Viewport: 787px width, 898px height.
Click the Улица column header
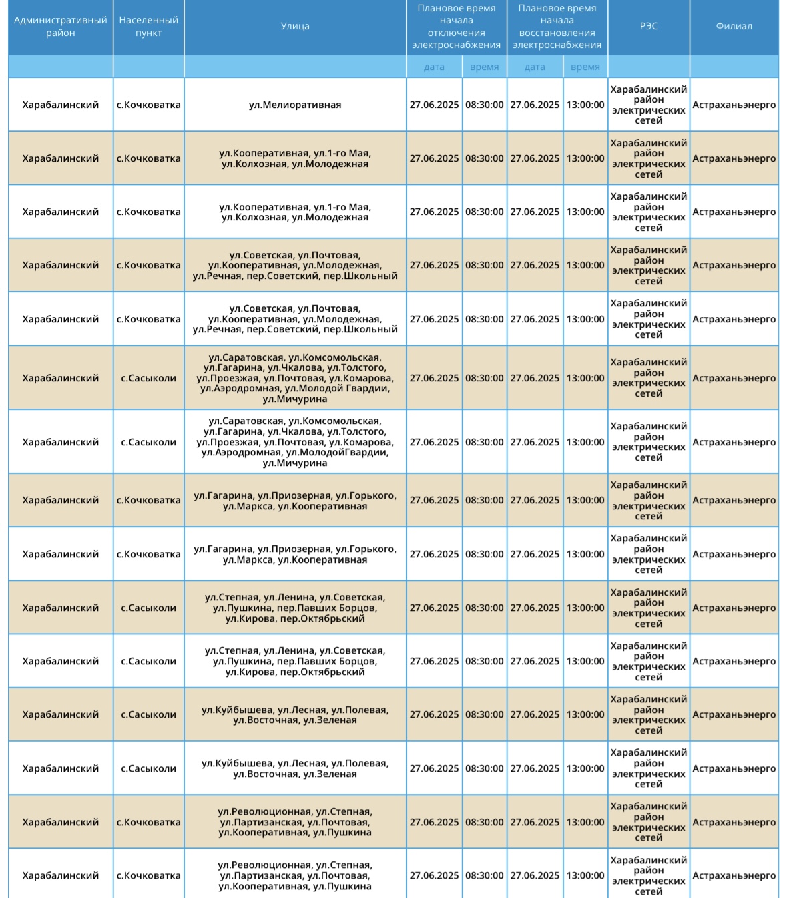coord(294,27)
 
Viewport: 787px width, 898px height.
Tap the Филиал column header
coord(734,27)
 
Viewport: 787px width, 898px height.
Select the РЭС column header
coord(648,27)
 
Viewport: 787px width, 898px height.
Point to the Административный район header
coord(60,27)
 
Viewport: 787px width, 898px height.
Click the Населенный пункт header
coord(148,27)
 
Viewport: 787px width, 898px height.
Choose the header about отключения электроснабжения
coord(456,27)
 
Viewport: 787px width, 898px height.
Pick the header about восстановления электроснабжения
coord(557,27)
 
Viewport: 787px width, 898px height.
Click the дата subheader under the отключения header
coord(434,67)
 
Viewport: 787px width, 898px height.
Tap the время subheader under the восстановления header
coord(585,67)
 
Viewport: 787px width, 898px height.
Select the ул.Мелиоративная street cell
coord(294,105)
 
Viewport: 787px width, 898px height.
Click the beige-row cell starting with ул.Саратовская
coord(294,378)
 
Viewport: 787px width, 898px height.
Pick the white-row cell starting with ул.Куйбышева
coord(294,768)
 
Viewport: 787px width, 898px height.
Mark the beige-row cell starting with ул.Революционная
coord(294,822)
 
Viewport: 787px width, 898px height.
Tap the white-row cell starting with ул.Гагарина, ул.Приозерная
coord(294,554)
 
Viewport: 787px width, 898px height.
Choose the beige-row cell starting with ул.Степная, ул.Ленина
coord(294,608)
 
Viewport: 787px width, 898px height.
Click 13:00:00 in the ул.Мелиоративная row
coord(585,105)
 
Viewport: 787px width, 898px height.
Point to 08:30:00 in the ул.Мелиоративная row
coord(484,105)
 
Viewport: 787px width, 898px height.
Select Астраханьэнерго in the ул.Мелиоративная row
coord(734,105)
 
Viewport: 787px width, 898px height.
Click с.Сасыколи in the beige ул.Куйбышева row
coord(148,714)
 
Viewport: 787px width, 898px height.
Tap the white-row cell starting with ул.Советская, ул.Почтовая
coord(294,319)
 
